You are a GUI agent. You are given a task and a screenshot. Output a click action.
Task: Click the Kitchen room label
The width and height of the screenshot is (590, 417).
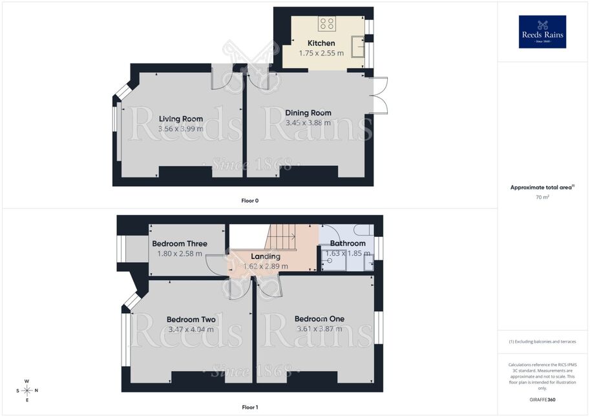(321, 43)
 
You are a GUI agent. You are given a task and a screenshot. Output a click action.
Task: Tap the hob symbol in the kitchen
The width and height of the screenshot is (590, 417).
(326, 24)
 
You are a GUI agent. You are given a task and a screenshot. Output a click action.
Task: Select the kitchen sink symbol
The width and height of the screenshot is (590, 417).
(358, 46)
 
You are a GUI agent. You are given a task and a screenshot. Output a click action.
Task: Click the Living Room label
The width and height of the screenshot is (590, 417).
(180, 119)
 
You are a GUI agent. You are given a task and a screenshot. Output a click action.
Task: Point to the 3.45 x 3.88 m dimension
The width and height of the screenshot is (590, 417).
(308, 123)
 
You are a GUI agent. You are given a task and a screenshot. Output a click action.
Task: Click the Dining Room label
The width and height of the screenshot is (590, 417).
(308, 113)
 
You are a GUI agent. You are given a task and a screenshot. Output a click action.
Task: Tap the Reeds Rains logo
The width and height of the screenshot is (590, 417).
(542, 32)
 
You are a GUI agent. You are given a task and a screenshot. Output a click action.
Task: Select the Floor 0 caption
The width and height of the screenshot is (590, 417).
(250, 201)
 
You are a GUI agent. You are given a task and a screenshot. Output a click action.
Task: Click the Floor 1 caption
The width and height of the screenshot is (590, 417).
(250, 407)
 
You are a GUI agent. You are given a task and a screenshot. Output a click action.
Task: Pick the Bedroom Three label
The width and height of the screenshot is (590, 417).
(180, 243)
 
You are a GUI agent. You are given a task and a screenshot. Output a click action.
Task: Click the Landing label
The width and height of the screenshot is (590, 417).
(266, 256)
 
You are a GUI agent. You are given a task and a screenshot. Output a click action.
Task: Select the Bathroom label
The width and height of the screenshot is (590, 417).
(348, 243)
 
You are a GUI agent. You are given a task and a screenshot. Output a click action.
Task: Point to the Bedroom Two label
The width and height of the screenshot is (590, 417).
(191, 320)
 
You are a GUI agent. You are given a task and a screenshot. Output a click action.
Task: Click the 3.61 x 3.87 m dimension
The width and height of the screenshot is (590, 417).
(319, 329)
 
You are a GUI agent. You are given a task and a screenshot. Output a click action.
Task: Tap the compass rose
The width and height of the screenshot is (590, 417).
(27, 391)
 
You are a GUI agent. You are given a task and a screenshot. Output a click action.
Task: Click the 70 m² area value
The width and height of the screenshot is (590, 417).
(542, 197)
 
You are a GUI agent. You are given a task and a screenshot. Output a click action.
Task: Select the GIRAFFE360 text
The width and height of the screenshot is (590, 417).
(542, 400)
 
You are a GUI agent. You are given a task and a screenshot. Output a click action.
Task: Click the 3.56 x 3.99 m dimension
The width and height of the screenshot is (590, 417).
(180, 128)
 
